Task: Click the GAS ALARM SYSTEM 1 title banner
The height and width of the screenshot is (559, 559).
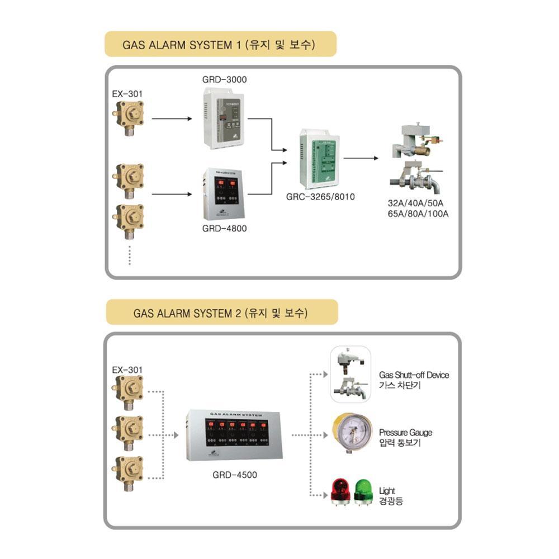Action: (x=220, y=45)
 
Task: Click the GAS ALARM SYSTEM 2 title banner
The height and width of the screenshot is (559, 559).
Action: (x=221, y=312)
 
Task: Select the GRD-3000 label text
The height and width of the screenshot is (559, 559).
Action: (x=224, y=80)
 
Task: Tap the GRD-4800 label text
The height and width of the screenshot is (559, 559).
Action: (x=224, y=228)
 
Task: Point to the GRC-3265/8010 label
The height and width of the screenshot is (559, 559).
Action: (x=320, y=197)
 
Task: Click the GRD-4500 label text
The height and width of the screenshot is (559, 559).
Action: (x=235, y=476)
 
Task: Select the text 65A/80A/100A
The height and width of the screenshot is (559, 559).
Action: (x=419, y=214)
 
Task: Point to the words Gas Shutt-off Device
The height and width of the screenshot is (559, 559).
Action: (x=414, y=375)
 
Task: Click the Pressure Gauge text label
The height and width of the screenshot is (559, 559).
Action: (x=405, y=433)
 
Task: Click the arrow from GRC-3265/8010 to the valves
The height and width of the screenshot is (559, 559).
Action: (x=361, y=158)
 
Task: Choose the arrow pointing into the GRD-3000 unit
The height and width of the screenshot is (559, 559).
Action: (x=172, y=119)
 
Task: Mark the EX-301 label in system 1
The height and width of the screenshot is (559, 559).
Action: (x=127, y=94)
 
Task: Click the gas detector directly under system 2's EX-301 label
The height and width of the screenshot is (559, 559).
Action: (x=128, y=389)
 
